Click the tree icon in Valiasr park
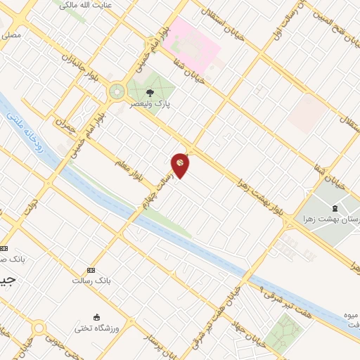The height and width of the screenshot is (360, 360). point(149,91)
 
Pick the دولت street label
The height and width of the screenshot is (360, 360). point(29,205)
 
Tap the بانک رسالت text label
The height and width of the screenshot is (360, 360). point(91,281)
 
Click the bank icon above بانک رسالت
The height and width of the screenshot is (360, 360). point(91,270)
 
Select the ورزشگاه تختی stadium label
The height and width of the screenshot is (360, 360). point(99,328)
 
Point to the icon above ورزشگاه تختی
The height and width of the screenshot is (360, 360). point(97,318)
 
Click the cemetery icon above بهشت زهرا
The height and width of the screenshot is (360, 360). point(333,208)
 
